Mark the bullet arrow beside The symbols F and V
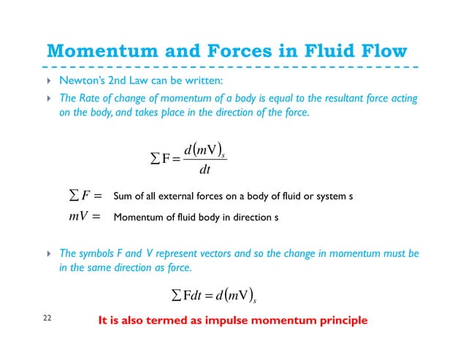point(48,253)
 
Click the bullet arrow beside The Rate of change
point(48,99)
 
